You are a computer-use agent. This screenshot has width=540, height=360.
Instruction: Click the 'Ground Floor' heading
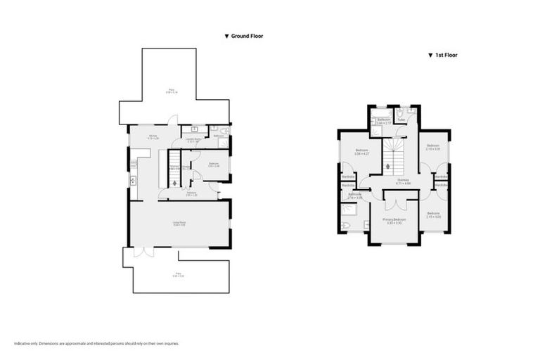click(245, 35)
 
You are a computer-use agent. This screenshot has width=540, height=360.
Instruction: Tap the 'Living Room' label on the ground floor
click(179, 224)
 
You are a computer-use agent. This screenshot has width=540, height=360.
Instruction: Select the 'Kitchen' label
click(153, 137)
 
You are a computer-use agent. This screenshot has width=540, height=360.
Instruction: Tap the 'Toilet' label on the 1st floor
click(401, 120)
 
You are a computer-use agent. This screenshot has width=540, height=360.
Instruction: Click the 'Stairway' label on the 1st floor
click(403, 181)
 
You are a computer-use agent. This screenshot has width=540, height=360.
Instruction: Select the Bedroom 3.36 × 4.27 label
click(361, 152)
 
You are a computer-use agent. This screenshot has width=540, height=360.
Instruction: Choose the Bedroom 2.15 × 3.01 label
click(433, 147)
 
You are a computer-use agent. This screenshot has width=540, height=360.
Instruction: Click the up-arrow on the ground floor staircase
click(174, 181)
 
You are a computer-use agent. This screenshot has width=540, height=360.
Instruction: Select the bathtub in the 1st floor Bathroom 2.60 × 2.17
click(382, 112)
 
